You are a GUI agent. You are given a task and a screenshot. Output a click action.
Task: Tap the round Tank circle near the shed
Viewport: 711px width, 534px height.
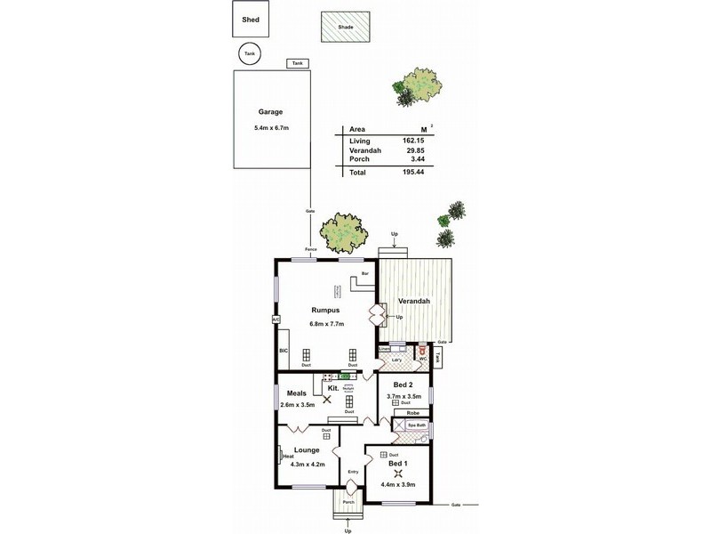click(250, 54)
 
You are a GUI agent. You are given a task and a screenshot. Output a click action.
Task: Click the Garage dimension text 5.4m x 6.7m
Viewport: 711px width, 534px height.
click(271, 128)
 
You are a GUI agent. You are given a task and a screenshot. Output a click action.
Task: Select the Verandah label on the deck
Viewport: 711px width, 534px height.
click(414, 302)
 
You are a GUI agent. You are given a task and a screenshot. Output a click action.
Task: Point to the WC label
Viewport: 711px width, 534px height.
click(435, 360)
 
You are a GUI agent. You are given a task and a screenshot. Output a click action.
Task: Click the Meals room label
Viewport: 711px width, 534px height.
click(297, 393)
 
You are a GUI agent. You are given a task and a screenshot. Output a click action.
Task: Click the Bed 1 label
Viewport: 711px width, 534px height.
click(398, 464)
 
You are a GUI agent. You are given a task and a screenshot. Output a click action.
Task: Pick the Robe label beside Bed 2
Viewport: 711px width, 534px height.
click(413, 413)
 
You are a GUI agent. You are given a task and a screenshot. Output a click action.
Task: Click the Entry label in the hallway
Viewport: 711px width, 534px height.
click(353, 472)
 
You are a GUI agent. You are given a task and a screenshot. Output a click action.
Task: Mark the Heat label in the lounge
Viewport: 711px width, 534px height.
click(288, 457)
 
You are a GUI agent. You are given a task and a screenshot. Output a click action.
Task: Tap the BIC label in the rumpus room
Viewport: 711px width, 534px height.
click(284, 351)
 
